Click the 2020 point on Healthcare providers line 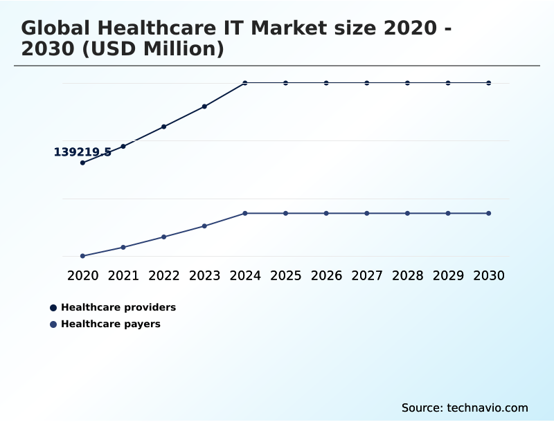tap(82, 163)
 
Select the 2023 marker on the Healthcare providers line tap(204, 107)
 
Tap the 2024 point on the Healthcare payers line tap(245, 213)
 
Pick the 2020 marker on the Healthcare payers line tap(82, 256)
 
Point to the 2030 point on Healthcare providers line tap(488, 83)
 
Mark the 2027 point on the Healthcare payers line tap(367, 213)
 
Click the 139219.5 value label tap(82, 152)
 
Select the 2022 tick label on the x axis tap(164, 275)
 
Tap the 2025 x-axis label tap(285, 275)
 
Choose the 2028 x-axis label tap(407, 275)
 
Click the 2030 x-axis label tap(488, 275)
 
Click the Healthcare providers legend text tap(118, 307)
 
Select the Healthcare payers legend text tap(111, 324)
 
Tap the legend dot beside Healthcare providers tap(53, 308)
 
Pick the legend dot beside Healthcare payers tap(53, 324)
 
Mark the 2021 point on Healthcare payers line tap(123, 247)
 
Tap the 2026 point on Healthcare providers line tap(326, 83)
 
